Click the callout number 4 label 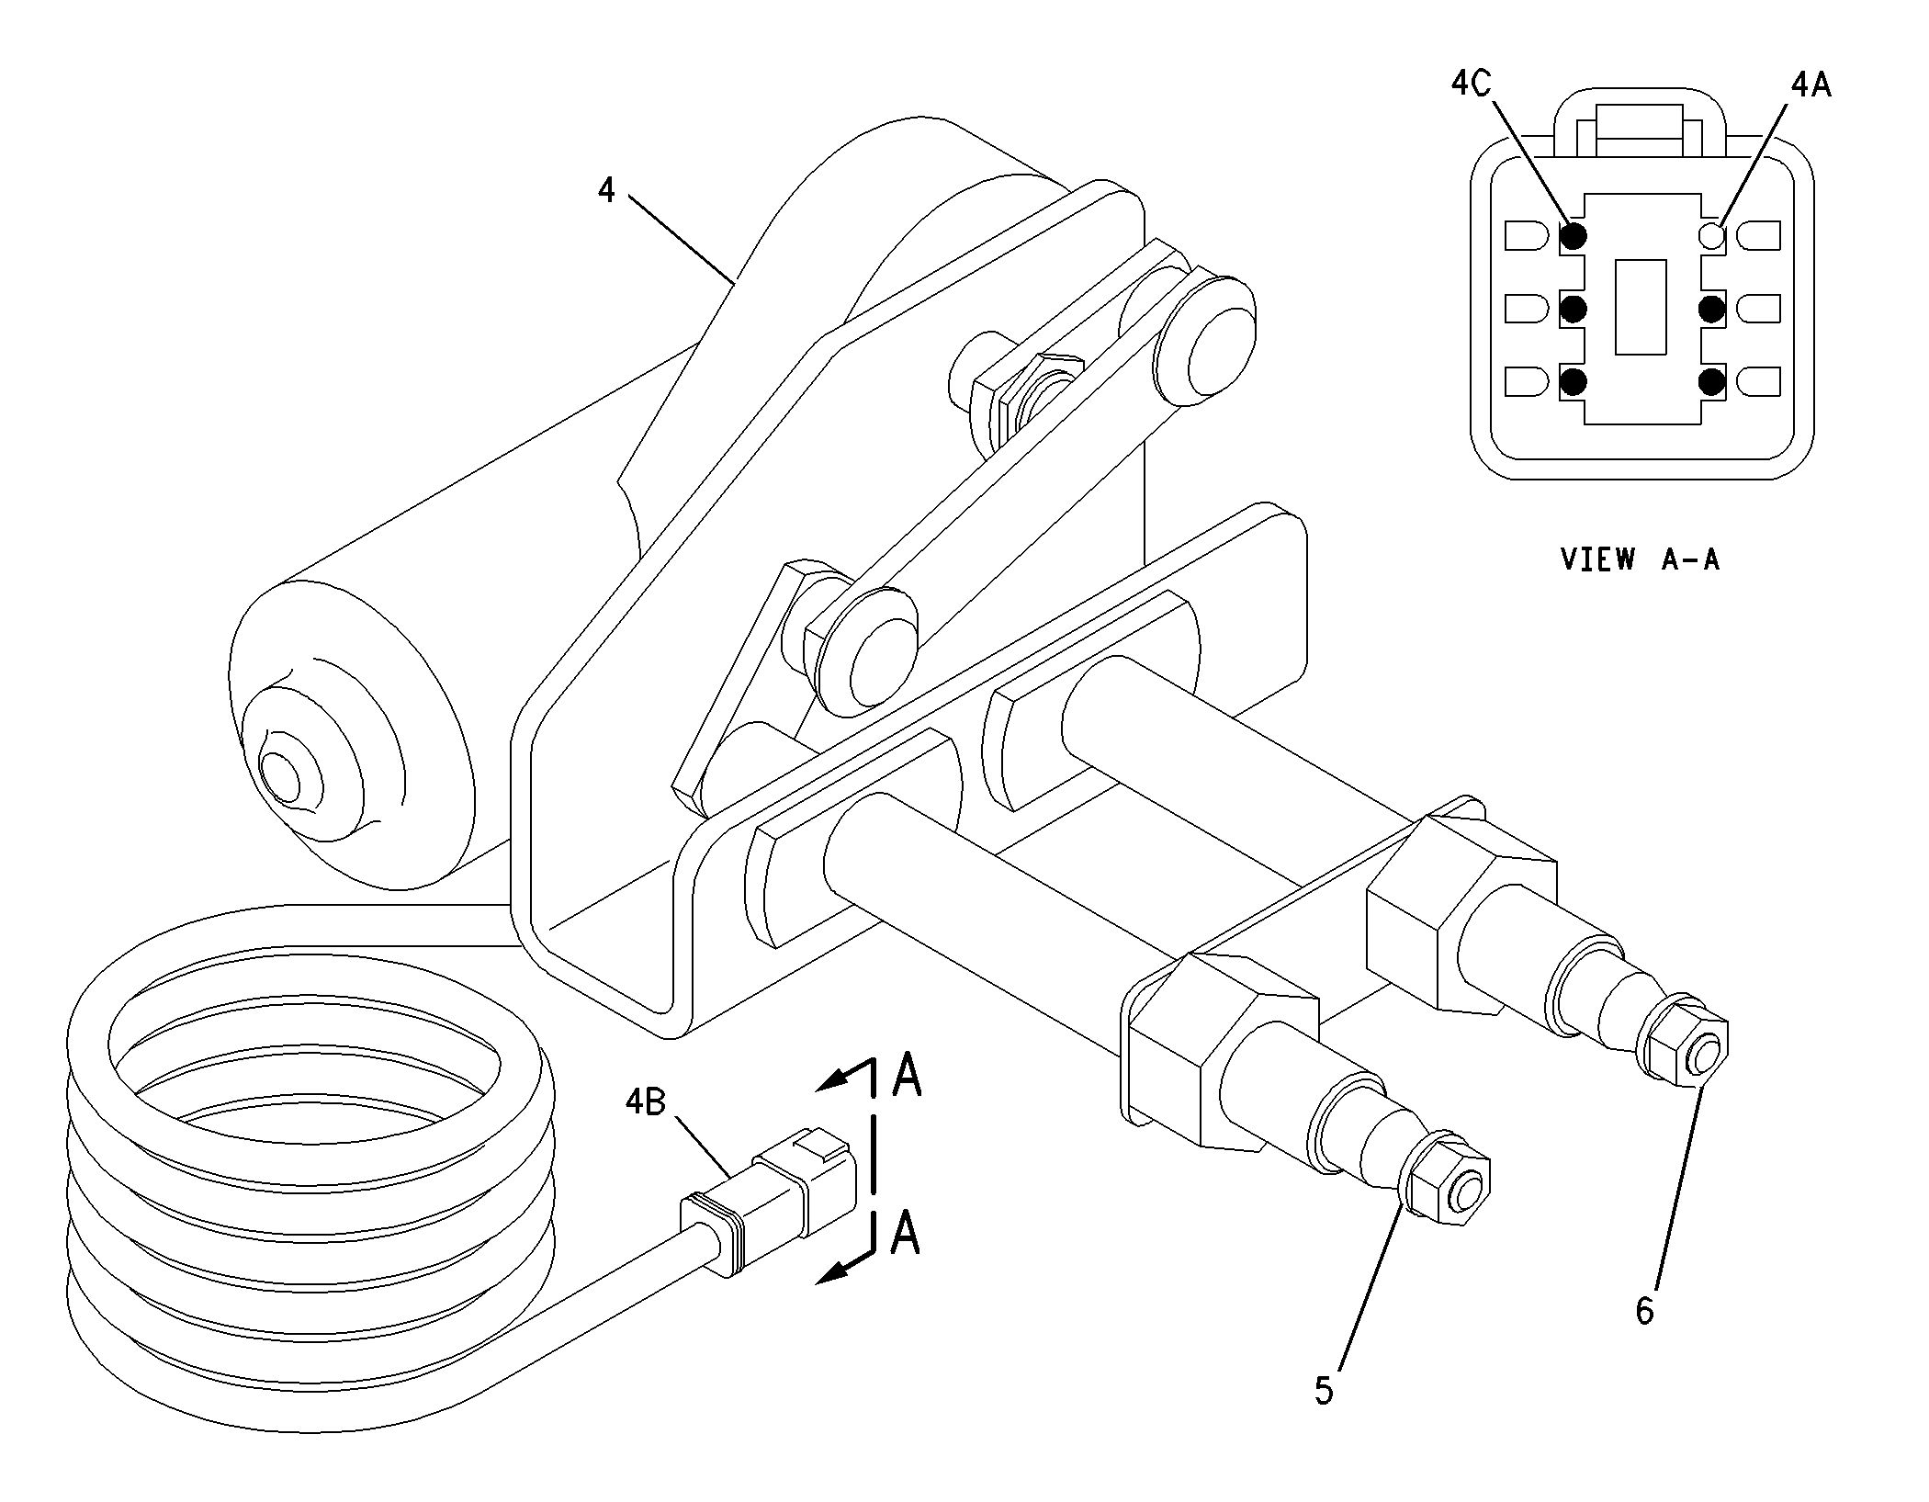coord(606,191)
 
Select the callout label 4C coord(1472,84)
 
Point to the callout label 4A coord(1811,85)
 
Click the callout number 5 coord(1324,1390)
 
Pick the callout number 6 coord(1644,1310)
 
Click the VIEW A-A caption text coord(1640,559)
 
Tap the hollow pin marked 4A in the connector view coord(1712,235)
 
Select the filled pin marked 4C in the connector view coord(1574,236)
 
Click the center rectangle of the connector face coord(1641,307)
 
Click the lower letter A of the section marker coord(906,1233)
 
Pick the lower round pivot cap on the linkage coord(868,655)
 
